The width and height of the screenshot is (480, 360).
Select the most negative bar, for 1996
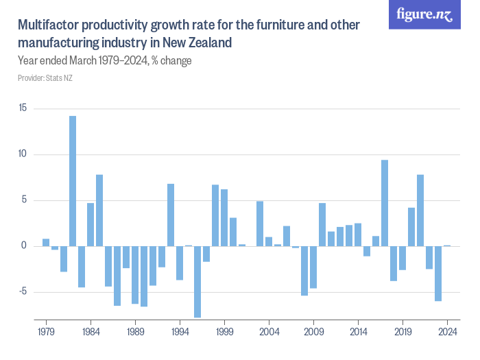(x=197, y=281)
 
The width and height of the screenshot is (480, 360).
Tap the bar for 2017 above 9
(x=385, y=203)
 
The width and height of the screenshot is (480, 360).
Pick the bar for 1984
(x=91, y=224)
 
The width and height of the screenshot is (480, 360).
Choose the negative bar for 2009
(x=313, y=267)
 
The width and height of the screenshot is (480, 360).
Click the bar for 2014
(x=358, y=235)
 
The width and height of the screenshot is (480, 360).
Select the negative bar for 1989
(x=135, y=274)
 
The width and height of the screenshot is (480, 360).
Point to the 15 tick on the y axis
(x=23, y=108)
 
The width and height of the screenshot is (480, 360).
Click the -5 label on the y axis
(x=23, y=292)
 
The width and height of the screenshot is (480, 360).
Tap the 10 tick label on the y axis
(x=23, y=154)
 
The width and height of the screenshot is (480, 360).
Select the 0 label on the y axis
(x=24, y=246)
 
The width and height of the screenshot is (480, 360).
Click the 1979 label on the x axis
(x=46, y=331)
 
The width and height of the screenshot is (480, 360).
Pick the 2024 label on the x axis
(x=447, y=331)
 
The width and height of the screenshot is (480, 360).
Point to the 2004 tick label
(x=269, y=331)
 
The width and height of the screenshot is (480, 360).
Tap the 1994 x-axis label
(x=180, y=331)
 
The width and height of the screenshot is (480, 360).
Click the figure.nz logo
(x=425, y=15)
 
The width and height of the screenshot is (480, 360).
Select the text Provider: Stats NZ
(x=45, y=78)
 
